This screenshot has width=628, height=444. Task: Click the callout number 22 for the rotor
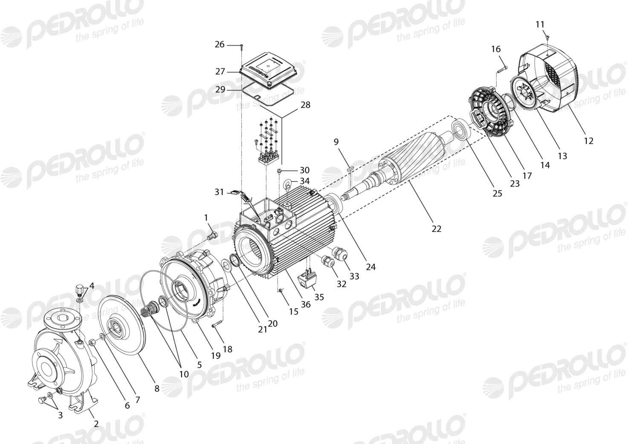pos(436,229)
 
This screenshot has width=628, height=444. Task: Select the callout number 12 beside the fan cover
pos(589,140)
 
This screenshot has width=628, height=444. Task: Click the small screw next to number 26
pos(242,48)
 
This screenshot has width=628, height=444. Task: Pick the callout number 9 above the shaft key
pos(336,142)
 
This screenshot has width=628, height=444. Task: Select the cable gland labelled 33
pos(339,253)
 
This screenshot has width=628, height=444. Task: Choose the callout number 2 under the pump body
pos(96,424)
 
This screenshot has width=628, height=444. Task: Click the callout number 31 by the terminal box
pos(219,192)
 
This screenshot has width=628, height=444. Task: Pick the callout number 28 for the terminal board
pos(305,105)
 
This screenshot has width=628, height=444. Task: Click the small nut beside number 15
pos(281,290)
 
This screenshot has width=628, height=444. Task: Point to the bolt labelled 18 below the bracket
pos(217,325)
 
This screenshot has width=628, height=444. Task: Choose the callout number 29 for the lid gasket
pos(220,90)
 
